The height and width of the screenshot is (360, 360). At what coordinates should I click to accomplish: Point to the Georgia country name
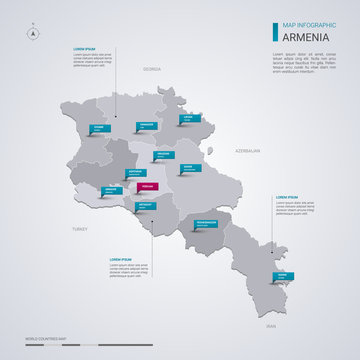pyautogui.click(x=151, y=69)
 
